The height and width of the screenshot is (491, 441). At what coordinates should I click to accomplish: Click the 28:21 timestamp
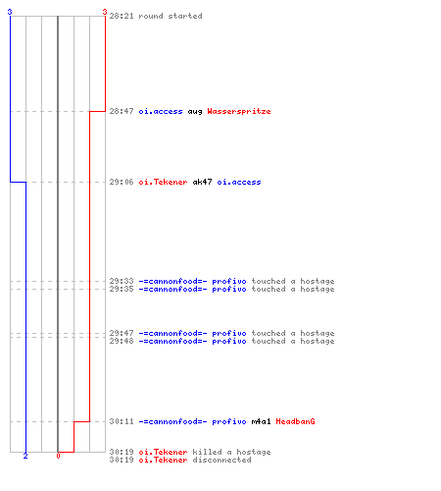[122, 16]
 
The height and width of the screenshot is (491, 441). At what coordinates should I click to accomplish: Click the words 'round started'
[171, 16]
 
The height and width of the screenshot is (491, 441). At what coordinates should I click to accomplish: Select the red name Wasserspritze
[239, 111]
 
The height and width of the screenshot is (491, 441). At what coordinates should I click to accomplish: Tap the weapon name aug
[195, 112]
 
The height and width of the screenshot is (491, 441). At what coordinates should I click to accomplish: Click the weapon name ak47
[202, 182]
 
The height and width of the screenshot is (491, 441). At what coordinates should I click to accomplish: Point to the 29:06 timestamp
[122, 182]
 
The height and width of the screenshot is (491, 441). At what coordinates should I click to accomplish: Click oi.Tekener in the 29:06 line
[163, 182]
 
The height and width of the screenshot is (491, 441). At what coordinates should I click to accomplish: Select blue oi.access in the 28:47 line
[161, 111]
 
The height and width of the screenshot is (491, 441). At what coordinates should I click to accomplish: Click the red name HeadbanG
[295, 421]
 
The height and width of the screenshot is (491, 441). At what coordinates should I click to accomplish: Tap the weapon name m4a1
[261, 421]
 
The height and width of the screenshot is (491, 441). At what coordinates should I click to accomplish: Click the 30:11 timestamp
[122, 421]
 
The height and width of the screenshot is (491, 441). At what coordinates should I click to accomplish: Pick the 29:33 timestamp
[122, 281]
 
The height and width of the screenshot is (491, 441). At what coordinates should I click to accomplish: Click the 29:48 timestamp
[122, 341]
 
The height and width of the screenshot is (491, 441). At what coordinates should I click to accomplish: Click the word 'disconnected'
[221, 460]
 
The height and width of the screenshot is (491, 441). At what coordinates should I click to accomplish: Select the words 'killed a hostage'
[231, 452]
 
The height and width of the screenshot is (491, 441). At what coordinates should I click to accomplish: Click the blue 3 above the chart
[10, 12]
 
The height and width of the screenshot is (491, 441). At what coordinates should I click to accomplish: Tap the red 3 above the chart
[105, 12]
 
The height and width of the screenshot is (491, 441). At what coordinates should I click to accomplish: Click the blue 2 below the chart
[25, 456]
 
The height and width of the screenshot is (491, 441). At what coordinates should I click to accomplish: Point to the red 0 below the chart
[58, 456]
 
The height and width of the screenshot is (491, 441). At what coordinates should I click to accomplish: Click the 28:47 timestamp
[122, 111]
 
